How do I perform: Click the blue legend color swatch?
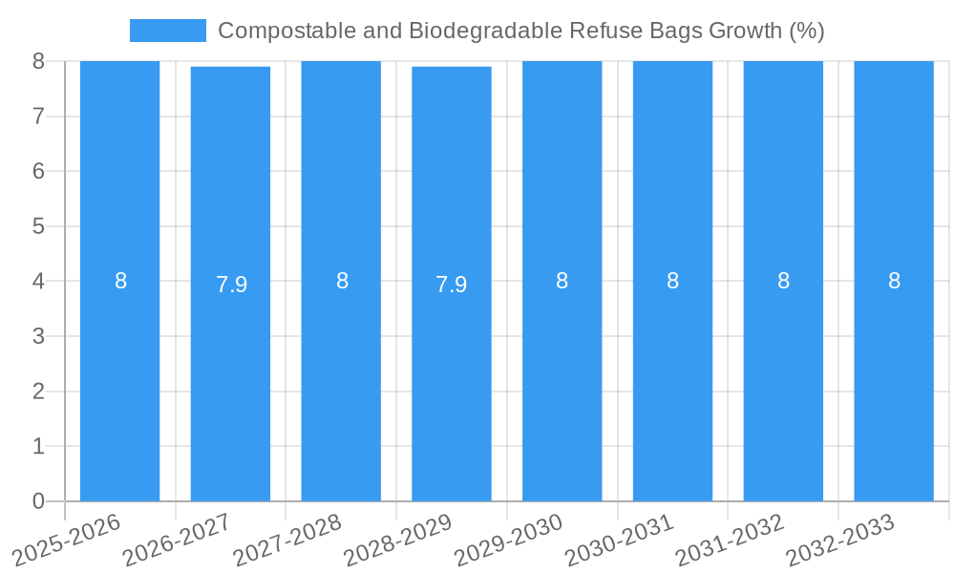(x=167, y=31)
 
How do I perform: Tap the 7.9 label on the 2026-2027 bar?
(x=231, y=285)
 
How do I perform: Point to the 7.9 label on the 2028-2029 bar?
(x=452, y=285)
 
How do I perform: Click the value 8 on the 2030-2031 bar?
(x=672, y=281)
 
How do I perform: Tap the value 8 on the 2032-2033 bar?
(x=894, y=281)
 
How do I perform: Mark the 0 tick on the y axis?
(x=38, y=501)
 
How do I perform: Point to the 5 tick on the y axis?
(x=38, y=226)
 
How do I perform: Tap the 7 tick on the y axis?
(x=38, y=117)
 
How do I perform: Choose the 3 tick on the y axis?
(x=38, y=336)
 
